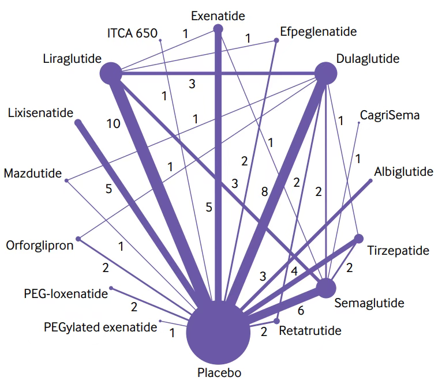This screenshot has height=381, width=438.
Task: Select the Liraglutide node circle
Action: coord(111,74)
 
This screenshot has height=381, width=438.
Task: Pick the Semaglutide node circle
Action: coord(325,288)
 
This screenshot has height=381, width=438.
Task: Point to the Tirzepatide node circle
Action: coord(358,238)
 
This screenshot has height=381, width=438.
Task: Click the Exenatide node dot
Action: coord(218,28)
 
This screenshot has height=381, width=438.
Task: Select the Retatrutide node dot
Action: coord(276,320)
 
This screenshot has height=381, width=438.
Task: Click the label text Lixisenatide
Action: coord(41,112)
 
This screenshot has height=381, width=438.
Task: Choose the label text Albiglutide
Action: coord(403,172)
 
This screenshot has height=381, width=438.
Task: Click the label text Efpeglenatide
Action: coord(317,31)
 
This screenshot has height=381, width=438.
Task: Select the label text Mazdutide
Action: coord(32,173)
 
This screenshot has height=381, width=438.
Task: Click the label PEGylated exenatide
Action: coord(100,327)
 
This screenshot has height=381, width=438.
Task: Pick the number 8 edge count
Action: coord(264,193)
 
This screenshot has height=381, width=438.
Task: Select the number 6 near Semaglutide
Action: coord(301,310)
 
